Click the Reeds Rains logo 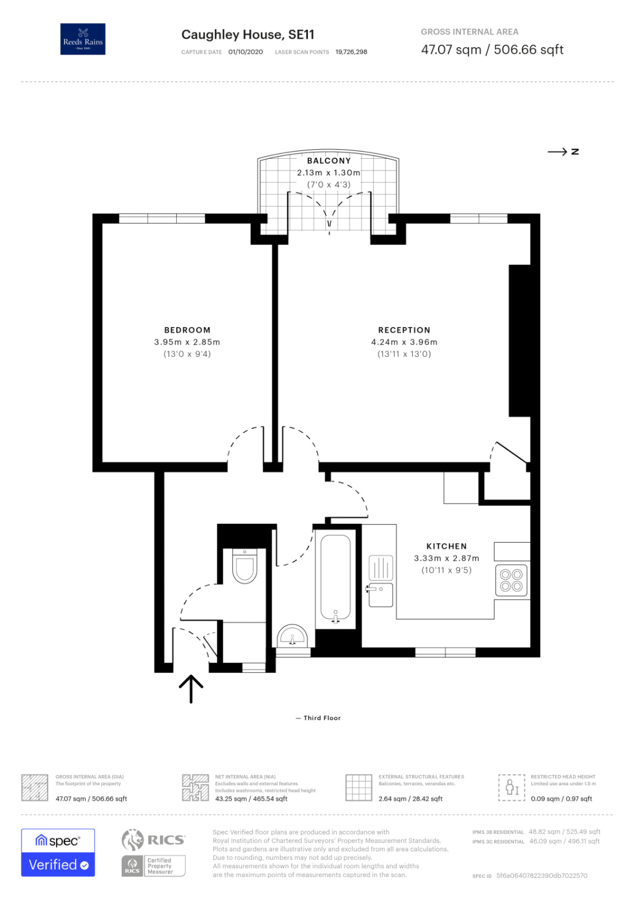(82, 39)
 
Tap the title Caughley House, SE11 (247, 35)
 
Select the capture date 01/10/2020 (245, 52)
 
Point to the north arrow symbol (563, 152)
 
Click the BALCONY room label (329, 161)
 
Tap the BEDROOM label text (187, 330)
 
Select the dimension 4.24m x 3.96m (404, 342)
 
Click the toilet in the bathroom (245, 566)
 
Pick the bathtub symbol (335, 578)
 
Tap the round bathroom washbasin (292, 636)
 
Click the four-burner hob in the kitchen (512, 580)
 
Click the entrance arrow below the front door (191, 688)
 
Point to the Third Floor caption (321, 718)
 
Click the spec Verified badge (58, 852)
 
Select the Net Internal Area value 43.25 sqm (251, 799)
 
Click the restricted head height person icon (512, 787)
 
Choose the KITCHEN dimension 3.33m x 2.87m (447, 558)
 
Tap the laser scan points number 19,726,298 (351, 52)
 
